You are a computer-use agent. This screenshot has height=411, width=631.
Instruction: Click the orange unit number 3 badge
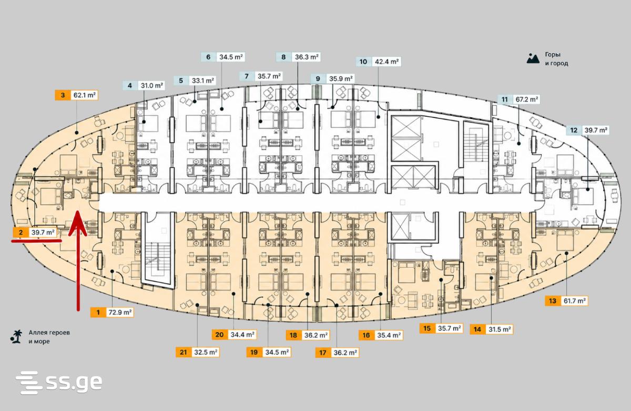(x=63, y=95)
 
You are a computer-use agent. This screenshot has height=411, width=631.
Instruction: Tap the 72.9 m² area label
(x=120, y=313)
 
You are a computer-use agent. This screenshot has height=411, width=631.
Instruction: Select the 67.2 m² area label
(x=526, y=99)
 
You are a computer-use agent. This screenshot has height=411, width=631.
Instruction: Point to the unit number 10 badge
(x=363, y=62)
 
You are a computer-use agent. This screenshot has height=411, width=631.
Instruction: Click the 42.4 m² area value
(x=386, y=62)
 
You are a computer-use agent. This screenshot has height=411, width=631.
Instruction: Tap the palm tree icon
(x=16, y=336)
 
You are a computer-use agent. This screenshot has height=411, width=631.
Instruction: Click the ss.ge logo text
(x=74, y=382)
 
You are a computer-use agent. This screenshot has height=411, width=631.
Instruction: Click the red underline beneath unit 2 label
(x=36, y=240)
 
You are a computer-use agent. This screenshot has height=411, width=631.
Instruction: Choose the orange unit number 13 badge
(x=553, y=301)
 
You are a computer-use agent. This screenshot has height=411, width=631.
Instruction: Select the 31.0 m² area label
(x=152, y=85)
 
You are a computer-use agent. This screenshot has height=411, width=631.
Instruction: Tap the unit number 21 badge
(x=184, y=353)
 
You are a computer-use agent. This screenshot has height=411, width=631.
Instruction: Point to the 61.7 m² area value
(x=574, y=301)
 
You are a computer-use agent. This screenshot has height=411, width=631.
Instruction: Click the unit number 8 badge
(x=283, y=57)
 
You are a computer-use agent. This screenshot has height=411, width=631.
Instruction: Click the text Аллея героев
(x=49, y=333)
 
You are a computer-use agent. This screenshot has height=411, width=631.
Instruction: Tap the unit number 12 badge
(x=574, y=130)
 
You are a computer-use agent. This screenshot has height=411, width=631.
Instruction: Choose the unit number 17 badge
(x=323, y=353)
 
